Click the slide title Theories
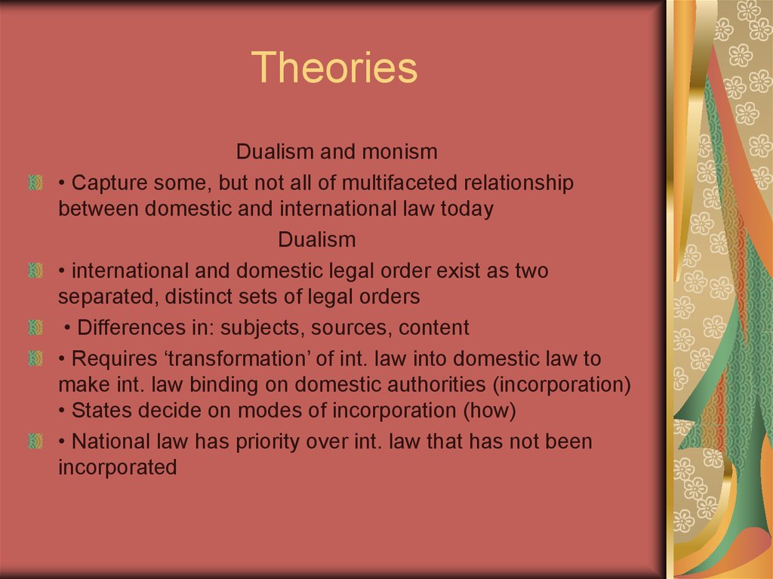334,67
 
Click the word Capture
109,183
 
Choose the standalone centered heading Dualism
317,240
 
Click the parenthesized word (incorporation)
562,386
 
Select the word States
102,411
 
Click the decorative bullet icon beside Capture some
35,183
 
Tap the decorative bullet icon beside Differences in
35,328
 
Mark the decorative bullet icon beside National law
35,441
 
